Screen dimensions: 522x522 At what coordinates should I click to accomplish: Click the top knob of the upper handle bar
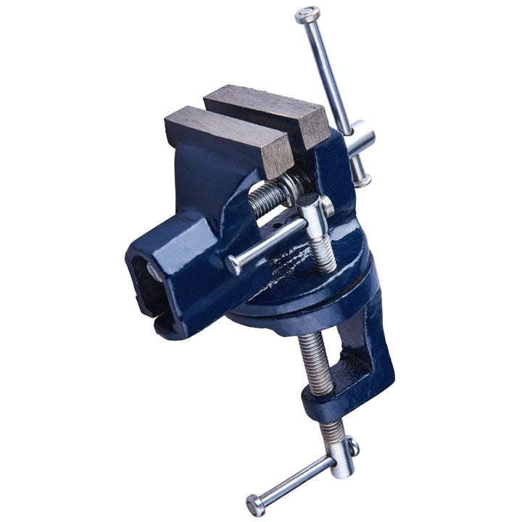tap(307, 14)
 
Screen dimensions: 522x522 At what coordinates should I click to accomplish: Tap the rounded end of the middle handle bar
tap(233, 266)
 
